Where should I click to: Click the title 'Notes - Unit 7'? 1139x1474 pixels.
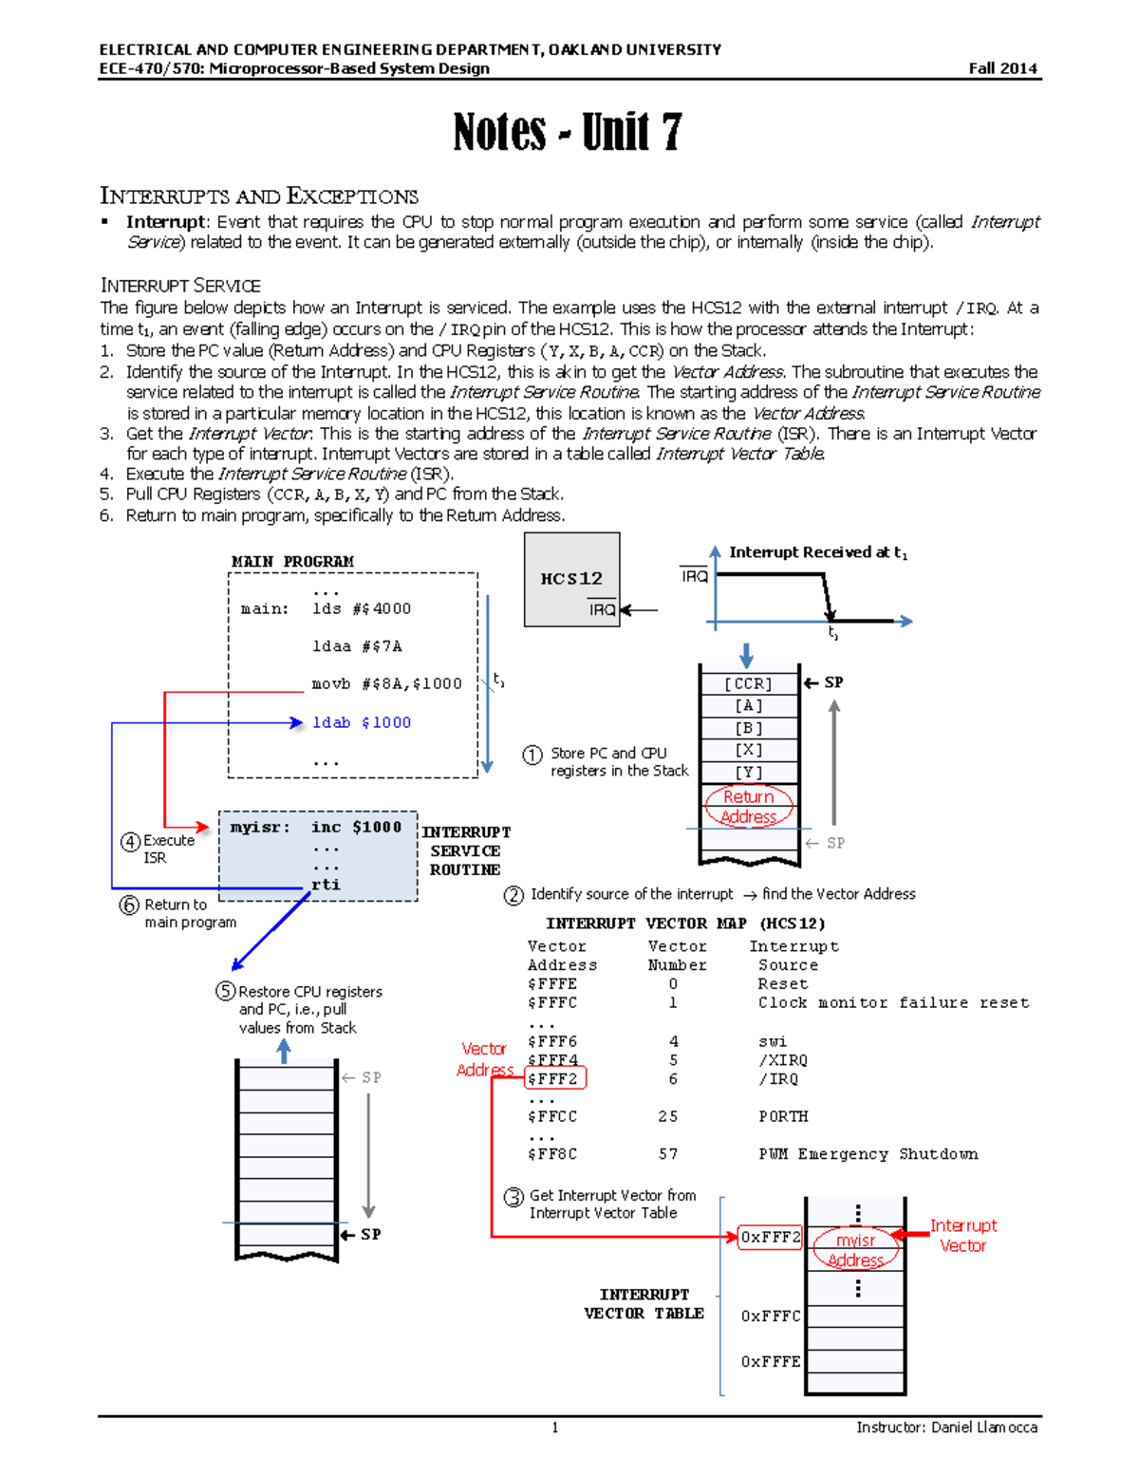[x=568, y=131]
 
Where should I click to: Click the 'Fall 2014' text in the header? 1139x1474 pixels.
[x=1002, y=68]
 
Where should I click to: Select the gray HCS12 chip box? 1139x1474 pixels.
[x=571, y=579]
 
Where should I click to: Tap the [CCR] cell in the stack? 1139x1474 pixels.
[x=748, y=683]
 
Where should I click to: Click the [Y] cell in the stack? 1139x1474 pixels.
[x=748, y=773]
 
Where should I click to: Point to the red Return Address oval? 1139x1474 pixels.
[x=748, y=807]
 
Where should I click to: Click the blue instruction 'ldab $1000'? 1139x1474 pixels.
[x=362, y=723]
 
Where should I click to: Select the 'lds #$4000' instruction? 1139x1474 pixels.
[x=362, y=609]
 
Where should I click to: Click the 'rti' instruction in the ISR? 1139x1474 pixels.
[x=326, y=885]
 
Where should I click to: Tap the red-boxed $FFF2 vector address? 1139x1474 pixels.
[x=554, y=1079]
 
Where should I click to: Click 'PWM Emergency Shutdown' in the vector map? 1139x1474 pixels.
[x=868, y=1154]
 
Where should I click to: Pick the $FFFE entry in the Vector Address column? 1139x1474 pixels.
[x=552, y=984]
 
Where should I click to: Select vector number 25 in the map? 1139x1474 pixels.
[x=668, y=1117]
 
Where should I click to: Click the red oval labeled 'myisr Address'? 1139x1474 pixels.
[x=855, y=1250]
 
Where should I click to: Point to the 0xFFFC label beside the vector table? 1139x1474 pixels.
[x=771, y=1316]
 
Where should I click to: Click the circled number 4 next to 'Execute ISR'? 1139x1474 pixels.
[x=131, y=842]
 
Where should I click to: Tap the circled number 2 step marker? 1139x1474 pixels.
[x=513, y=895]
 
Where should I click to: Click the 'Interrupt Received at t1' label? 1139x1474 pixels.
[x=817, y=552]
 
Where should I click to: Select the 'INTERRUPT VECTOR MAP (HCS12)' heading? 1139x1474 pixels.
[x=685, y=924]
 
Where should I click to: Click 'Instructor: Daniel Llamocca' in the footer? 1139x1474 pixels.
[x=946, y=1427]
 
